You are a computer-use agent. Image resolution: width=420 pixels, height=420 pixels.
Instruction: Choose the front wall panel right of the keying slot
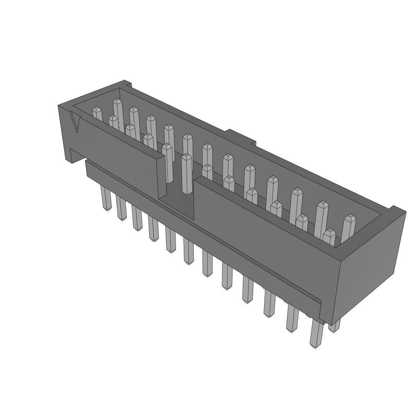coord(262,230)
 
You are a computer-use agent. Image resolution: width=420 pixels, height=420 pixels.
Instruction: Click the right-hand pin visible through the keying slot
coord(187,172)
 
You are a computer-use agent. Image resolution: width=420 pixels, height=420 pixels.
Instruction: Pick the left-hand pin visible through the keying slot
coord(167,162)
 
